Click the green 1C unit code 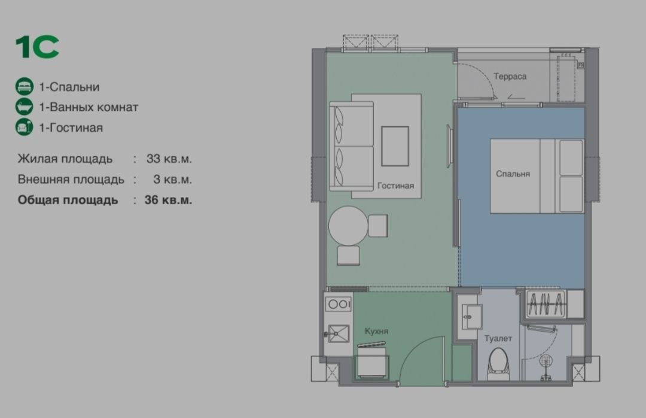point(37,47)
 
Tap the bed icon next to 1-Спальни point(24,87)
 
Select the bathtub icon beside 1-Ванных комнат point(24,107)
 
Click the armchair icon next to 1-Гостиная point(24,128)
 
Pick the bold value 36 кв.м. point(168,200)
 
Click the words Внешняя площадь point(71,179)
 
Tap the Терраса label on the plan point(510,77)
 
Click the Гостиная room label point(395,186)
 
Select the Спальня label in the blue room point(513,174)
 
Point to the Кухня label point(377,331)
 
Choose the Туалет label point(498,339)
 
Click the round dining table point(348,225)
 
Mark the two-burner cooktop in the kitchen point(339,304)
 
